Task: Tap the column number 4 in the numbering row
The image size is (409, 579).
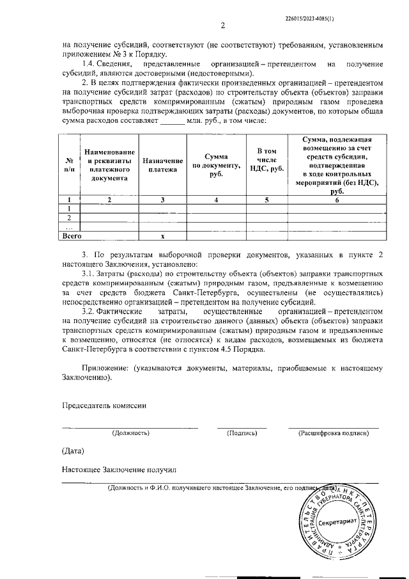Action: point(216,200)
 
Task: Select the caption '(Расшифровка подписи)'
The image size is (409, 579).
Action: point(333,433)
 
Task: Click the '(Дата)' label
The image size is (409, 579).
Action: point(73,451)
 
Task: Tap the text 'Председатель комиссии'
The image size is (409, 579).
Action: point(104,405)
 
